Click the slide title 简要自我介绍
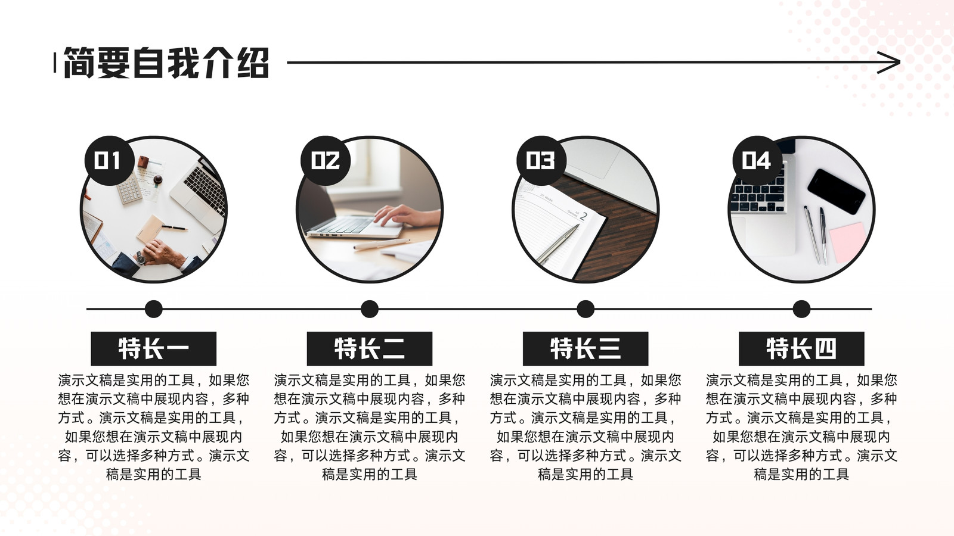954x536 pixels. click(x=166, y=63)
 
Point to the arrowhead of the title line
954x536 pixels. click(x=889, y=63)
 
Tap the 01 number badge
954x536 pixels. click(x=109, y=161)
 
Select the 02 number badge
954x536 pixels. click(x=326, y=161)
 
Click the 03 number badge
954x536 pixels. click(x=541, y=161)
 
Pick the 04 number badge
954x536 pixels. click(x=757, y=161)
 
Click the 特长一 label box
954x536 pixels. click(x=154, y=349)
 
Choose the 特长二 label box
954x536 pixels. click(x=370, y=349)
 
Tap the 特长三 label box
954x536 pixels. click(x=586, y=349)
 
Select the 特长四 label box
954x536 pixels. click(x=801, y=349)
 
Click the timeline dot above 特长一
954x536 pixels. click(x=154, y=309)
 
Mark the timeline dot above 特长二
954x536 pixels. click(x=370, y=309)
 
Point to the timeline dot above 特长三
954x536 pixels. click(x=586, y=309)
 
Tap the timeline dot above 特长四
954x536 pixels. click(x=801, y=309)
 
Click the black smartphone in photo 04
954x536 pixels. click(x=836, y=191)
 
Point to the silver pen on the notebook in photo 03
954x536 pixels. click(x=558, y=244)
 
